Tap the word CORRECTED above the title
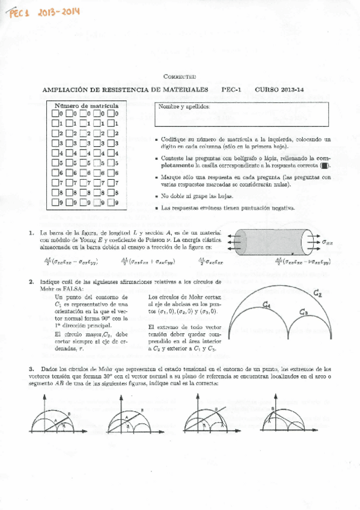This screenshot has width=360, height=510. point(180,77)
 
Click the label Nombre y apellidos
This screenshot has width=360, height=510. point(184,106)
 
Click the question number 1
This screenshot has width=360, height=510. point(31,232)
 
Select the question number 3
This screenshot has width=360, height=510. point(31,369)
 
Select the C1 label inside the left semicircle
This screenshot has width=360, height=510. point(267,305)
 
